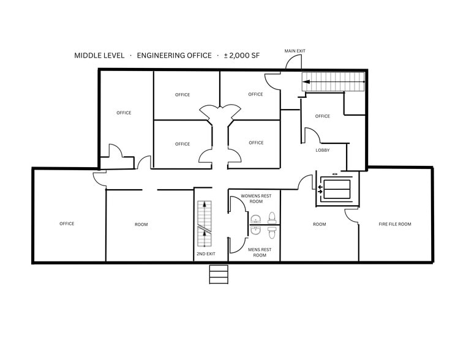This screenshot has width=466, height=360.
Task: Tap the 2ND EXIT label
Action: coord(205,253)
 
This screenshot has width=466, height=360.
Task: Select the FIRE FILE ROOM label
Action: coord(394,224)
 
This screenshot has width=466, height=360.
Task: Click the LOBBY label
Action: coord(323,150)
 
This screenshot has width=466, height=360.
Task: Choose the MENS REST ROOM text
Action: coord(259,252)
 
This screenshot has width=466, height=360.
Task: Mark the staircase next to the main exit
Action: coord(334,81)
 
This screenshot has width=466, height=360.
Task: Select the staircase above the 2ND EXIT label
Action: coord(204,223)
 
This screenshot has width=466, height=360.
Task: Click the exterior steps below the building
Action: coord(219,274)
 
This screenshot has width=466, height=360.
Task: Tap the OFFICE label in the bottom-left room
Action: coord(67,223)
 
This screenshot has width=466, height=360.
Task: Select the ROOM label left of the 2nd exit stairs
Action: coord(141,225)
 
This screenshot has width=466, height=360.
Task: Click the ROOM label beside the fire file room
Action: coord(319,224)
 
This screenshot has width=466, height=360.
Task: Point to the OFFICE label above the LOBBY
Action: coord(322,116)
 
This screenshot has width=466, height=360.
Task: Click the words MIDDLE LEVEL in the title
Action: coord(99,56)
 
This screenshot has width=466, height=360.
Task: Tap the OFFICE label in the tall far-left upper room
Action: coord(124,113)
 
